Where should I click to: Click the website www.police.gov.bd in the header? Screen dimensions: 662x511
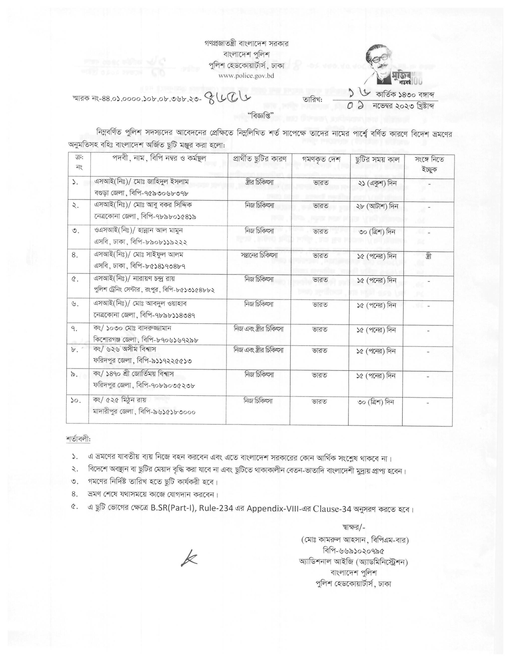(246, 76)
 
